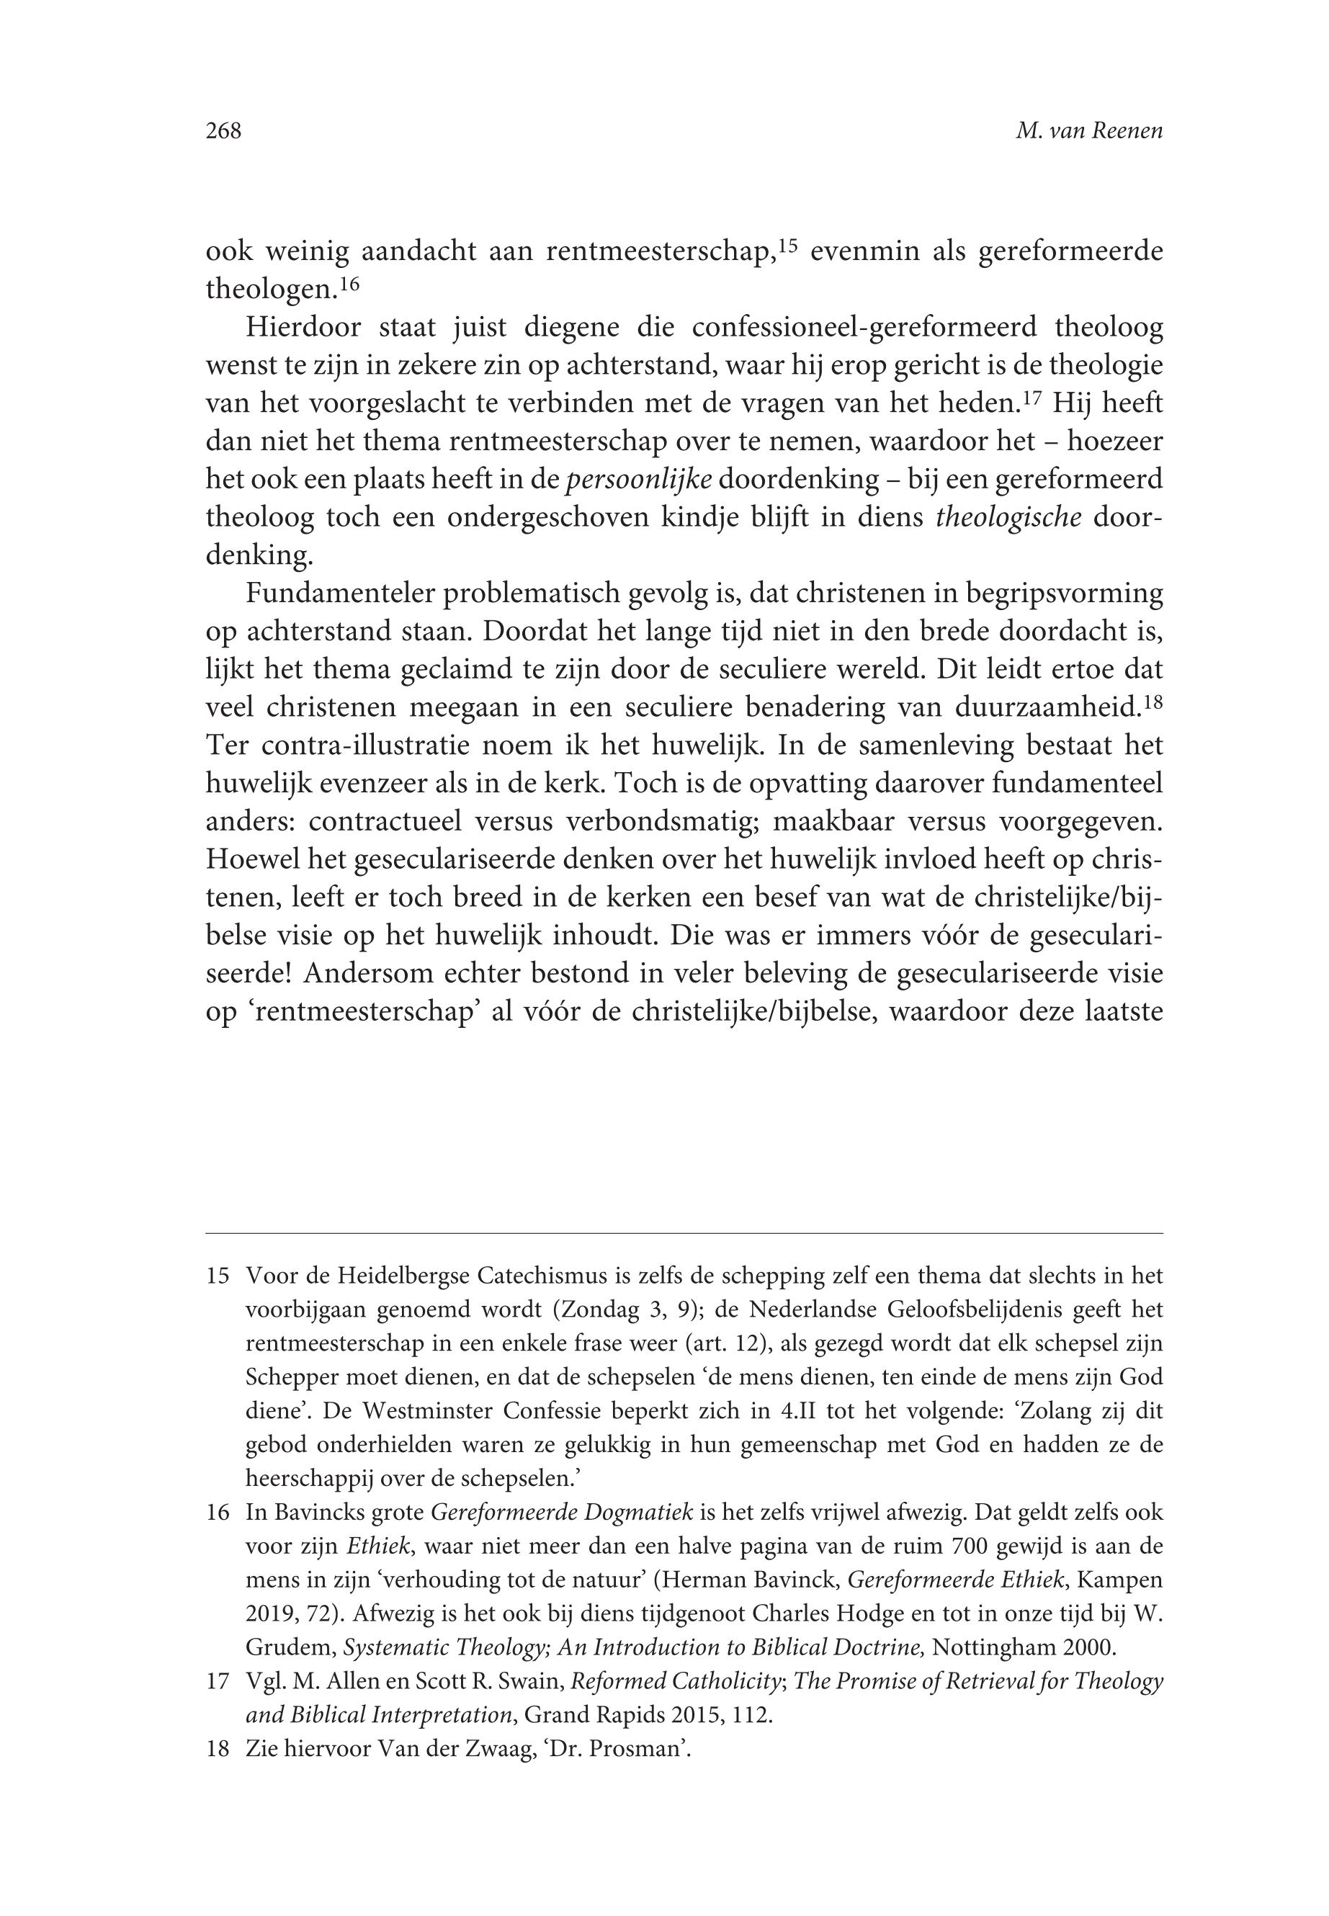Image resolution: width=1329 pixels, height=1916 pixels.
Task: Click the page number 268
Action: point(223,132)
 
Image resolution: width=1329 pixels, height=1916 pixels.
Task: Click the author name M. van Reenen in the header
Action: point(1088,132)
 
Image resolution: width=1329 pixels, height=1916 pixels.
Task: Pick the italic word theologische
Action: point(1009,518)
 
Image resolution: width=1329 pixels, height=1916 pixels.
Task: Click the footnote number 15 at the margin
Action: point(218,1276)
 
